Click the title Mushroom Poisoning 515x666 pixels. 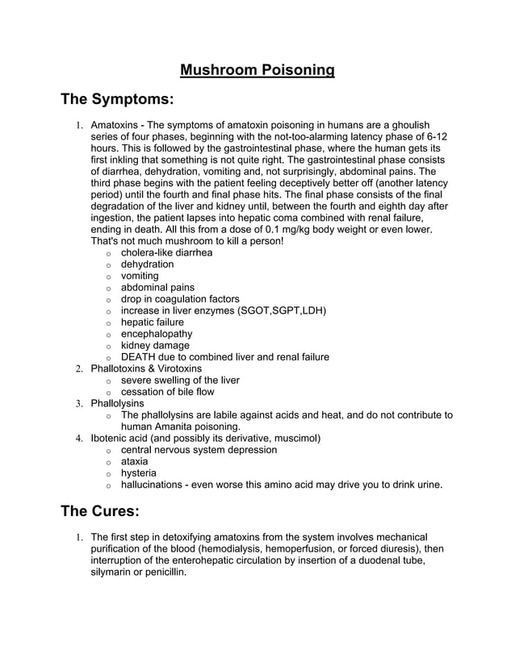pos(257,70)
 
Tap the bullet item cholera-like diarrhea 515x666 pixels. pos(166,252)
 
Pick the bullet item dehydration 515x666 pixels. pos(147,264)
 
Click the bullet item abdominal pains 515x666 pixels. pos(157,287)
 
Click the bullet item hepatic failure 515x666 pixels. pos(152,323)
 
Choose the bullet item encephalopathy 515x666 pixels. pos(157,334)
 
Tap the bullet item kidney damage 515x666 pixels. pos(155,345)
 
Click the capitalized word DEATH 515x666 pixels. pos(140,357)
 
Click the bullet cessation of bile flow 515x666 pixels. pos(167,392)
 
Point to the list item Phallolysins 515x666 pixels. pos(117,403)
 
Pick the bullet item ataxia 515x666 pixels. pos(134,461)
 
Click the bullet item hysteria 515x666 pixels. pos(138,473)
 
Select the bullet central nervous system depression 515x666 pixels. pos(199,450)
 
